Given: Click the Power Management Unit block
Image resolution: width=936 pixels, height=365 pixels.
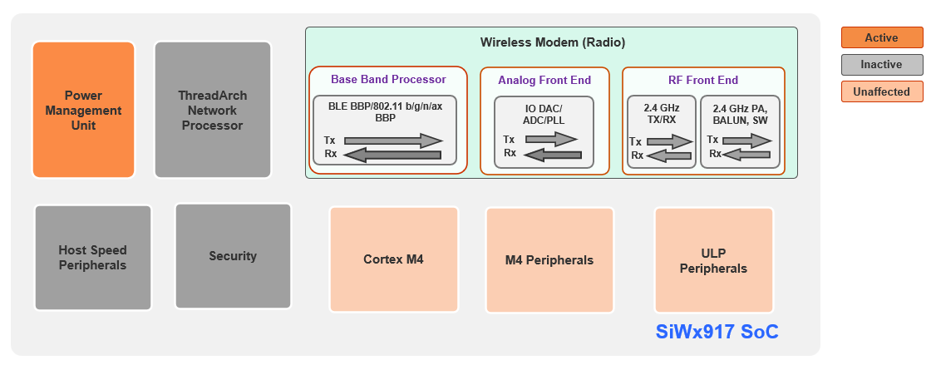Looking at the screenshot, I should click(x=83, y=110).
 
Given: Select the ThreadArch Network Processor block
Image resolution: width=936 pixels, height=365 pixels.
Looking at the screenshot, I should click(x=212, y=110).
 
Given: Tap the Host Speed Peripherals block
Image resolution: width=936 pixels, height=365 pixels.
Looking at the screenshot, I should click(x=92, y=257).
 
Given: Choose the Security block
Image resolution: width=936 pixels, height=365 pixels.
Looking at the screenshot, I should click(x=233, y=256).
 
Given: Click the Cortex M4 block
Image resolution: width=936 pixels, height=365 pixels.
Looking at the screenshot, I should click(x=393, y=259).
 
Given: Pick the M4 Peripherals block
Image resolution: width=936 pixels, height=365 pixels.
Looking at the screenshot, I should click(x=549, y=260).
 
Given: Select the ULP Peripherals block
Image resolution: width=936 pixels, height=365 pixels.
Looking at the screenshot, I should click(x=713, y=260).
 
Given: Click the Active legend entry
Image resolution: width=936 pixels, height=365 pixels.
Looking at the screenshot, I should click(x=881, y=37).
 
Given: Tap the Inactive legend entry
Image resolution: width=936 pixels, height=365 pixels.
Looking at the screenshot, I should click(x=881, y=65).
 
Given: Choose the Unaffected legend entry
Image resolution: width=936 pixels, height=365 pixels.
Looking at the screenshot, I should click(x=881, y=91).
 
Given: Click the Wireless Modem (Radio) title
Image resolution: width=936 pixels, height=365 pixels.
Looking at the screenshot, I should click(x=552, y=42).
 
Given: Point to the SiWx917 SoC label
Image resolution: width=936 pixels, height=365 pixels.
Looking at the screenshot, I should click(x=717, y=333).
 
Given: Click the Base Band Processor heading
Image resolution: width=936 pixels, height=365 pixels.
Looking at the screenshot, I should click(x=388, y=80).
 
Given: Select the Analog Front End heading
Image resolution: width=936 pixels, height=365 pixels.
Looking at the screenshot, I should click(x=544, y=81).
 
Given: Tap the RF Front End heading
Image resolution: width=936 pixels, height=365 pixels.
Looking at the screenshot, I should click(x=702, y=81).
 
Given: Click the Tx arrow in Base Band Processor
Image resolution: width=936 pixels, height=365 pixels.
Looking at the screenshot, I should click(x=393, y=140).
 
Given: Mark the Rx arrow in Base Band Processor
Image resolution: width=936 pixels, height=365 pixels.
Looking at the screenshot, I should click(x=393, y=154).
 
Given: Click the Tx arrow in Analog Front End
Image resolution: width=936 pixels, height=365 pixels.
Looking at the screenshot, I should click(x=551, y=140).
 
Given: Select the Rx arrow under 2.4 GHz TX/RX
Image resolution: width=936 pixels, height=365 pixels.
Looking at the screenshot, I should click(x=669, y=155).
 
